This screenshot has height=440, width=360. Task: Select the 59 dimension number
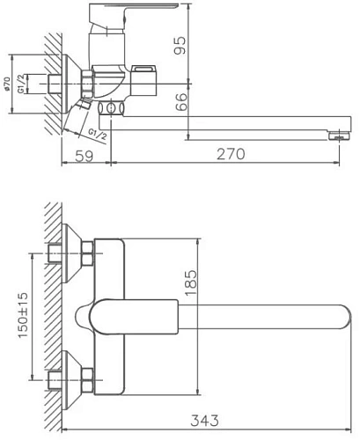(x=84, y=155)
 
